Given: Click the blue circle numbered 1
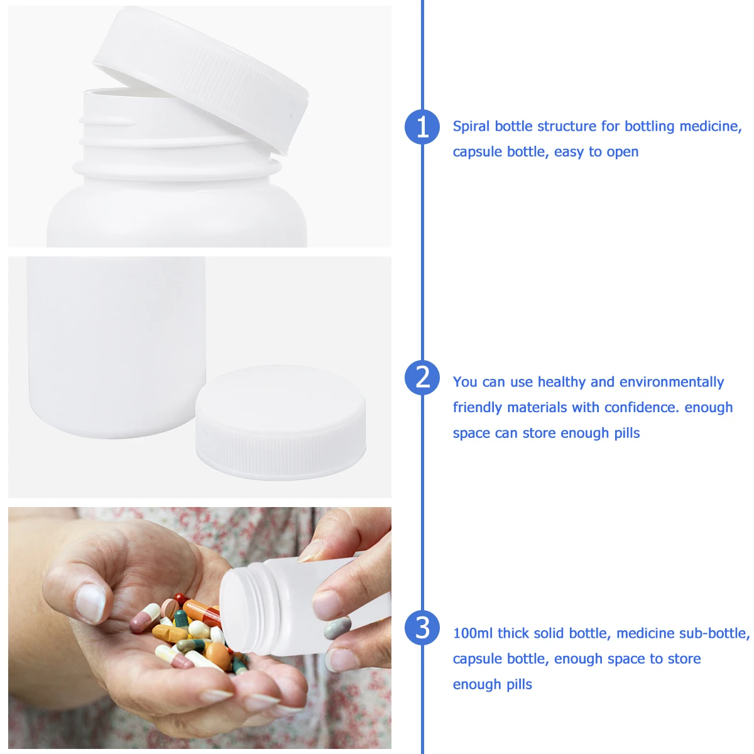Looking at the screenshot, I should tap(422, 126).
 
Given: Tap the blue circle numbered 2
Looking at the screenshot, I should tap(422, 378).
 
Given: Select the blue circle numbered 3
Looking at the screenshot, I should tap(422, 628).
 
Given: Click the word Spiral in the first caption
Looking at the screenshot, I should tap(471, 126).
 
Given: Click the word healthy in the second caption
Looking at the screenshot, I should tap(562, 382).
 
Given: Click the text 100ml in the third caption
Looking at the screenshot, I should tap(473, 633).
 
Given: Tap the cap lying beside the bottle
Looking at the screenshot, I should tap(280, 422).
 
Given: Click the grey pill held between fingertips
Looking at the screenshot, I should tap(337, 628).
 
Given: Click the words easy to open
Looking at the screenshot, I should tap(596, 152).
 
